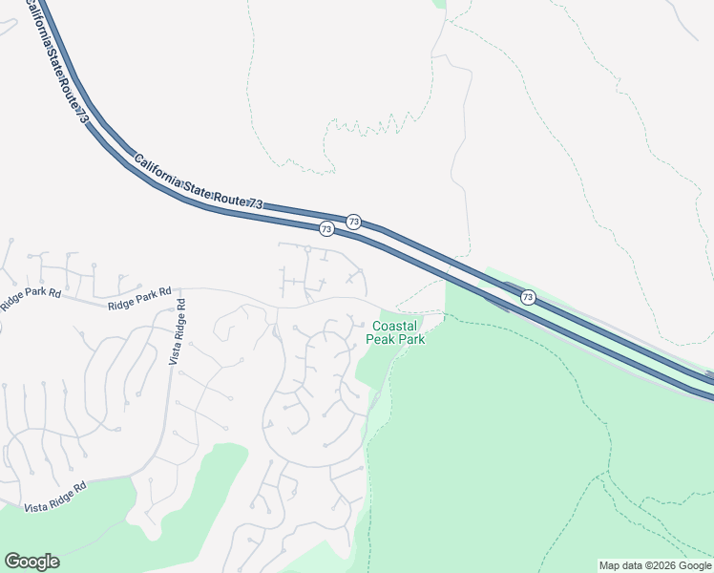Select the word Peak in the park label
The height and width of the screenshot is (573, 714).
click(x=381, y=339)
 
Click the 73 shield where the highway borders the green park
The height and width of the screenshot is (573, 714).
click(x=528, y=298)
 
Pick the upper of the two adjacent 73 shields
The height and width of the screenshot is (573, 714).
click(x=354, y=222)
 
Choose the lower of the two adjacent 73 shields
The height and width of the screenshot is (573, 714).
click(x=326, y=229)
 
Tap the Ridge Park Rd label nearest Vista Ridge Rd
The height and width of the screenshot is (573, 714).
click(x=139, y=298)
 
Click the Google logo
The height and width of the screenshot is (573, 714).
click(x=31, y=562)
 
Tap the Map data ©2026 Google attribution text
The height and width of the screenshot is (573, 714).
click(x=655, y=565)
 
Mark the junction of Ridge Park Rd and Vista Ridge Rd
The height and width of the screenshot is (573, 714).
click(x=180, y=289)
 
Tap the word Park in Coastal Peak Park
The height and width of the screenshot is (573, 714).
click(x=412, y=339)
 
